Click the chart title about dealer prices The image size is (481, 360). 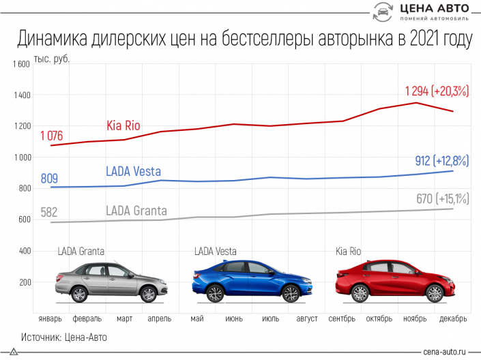pos(244,40)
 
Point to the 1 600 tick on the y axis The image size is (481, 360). pos(20,64)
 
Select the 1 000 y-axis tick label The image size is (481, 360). pos(20,157)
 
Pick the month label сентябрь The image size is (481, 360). pos(342,319)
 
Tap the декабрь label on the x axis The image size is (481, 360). pos(454,319)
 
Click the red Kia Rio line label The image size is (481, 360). pos(124,125)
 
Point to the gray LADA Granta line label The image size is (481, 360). pos(136,211)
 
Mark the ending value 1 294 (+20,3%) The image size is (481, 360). pos(437,91)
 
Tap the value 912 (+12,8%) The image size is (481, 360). pos(441,161)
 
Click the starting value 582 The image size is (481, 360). pos(48,212)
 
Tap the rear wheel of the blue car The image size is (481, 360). pos(216,293)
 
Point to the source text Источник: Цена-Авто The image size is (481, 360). pos(64,337)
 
